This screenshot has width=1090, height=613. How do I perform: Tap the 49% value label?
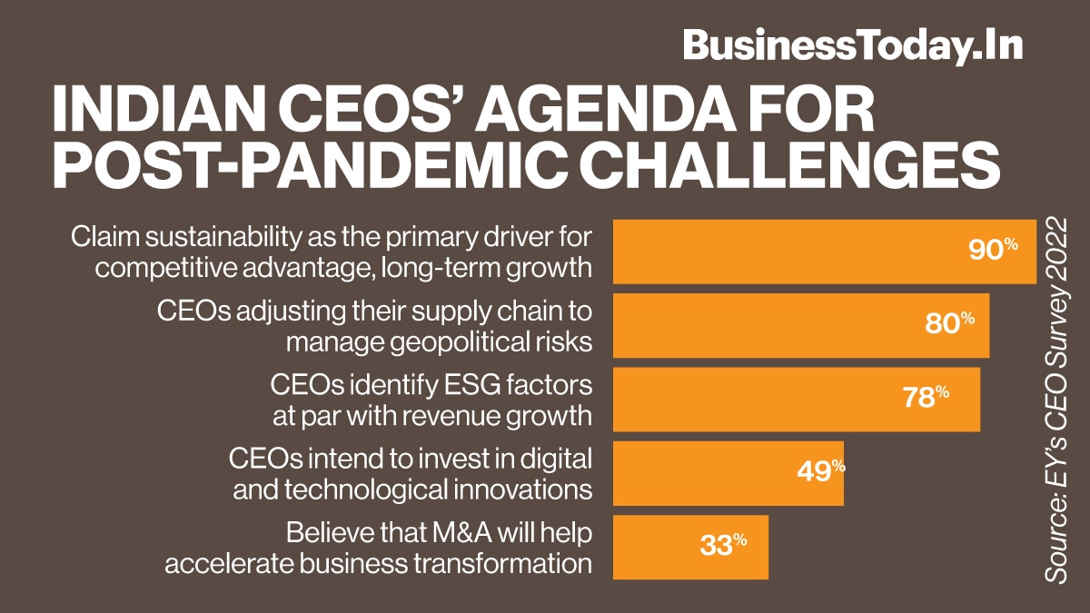pyautogui.click(x=821, y=472)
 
